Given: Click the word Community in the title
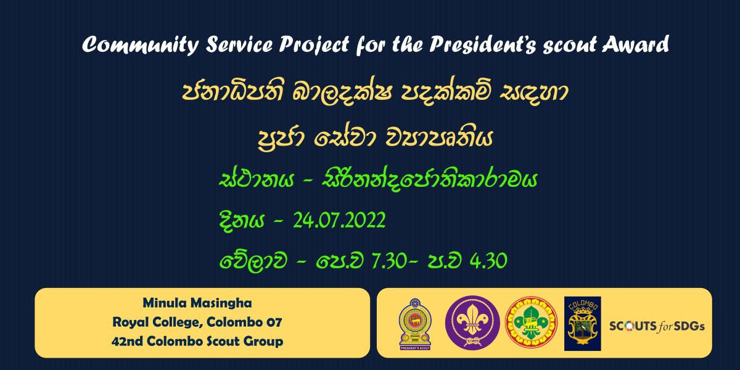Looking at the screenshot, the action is (x=141, y=44).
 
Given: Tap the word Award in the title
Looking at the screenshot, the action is (x=635, y=44).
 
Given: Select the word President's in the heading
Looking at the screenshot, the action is (x=483, y=44).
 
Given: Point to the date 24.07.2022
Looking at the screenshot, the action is (x=339, y=220).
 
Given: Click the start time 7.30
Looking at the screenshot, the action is (x=389, y=261).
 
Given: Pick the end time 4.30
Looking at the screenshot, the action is (x=488, y=261).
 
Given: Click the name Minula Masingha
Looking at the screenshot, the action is (x=197, y=303).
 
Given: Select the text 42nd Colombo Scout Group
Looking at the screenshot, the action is (x=197, y=341).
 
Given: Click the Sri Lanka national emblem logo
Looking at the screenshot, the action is (x=415, y=324).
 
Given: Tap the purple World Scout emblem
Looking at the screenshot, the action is (x=472, y=323).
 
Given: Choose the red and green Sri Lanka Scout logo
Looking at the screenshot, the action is (x=531, y=323).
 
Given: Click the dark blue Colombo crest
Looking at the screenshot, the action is (x=582, y=323).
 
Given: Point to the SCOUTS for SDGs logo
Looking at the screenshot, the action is (x=657, y=326).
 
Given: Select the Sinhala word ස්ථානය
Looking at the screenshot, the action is (x=257, y=180).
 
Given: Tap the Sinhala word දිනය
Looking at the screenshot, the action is (x=242, y=221).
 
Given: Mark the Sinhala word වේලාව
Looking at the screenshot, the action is (x=253, y=261).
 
